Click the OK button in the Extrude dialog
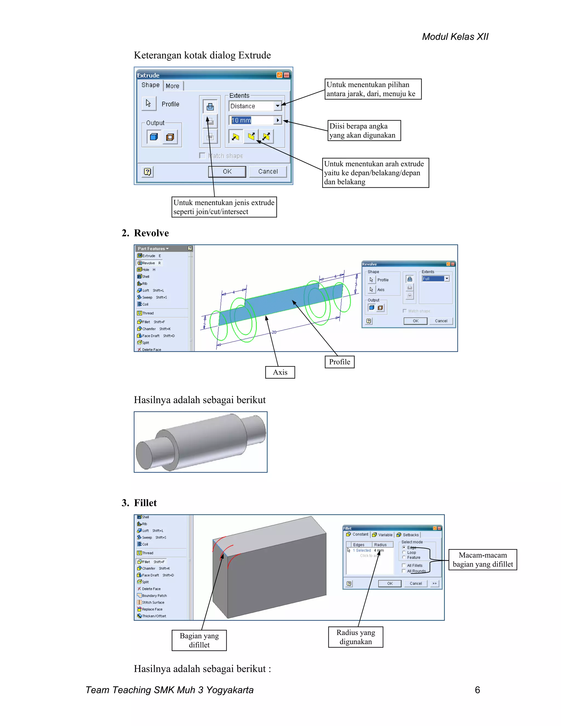[x=227, y=172]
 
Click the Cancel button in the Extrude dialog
[x=268, y=172]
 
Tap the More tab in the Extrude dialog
[x=173, y=86]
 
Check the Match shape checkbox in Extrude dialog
[x=202, y=156]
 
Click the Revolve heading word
[x=151, y=233]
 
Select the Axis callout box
[x=280, y=372]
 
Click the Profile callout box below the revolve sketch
[x=339, y=362]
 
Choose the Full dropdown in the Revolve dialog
[x=435, y=279]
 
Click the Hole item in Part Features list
[x=146, y=270]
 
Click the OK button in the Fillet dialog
[x=390, y=583]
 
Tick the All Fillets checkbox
[x=404, y=565]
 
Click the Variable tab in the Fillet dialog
[x=383, y=535]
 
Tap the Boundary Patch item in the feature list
[x=154, y=596]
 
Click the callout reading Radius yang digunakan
[x=355, y=637]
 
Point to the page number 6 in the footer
[x=477, y=690]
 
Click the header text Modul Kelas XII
[x=455, y=36]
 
